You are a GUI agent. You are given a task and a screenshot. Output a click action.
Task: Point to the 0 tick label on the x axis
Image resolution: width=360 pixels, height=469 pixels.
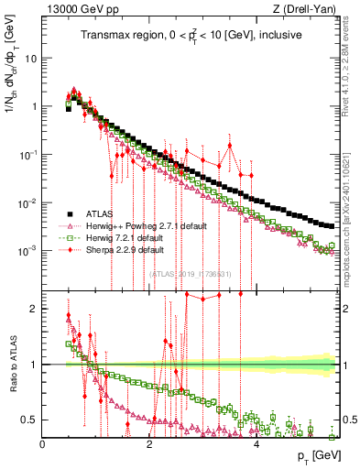(43, 443)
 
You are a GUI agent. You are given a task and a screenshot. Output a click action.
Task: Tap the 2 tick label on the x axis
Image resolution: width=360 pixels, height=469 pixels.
(150, 443)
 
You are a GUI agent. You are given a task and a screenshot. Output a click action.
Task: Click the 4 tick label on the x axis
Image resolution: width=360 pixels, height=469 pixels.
(257, 443)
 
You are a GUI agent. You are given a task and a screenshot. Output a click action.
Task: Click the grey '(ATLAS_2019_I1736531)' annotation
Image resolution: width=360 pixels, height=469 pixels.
(191, 274)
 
